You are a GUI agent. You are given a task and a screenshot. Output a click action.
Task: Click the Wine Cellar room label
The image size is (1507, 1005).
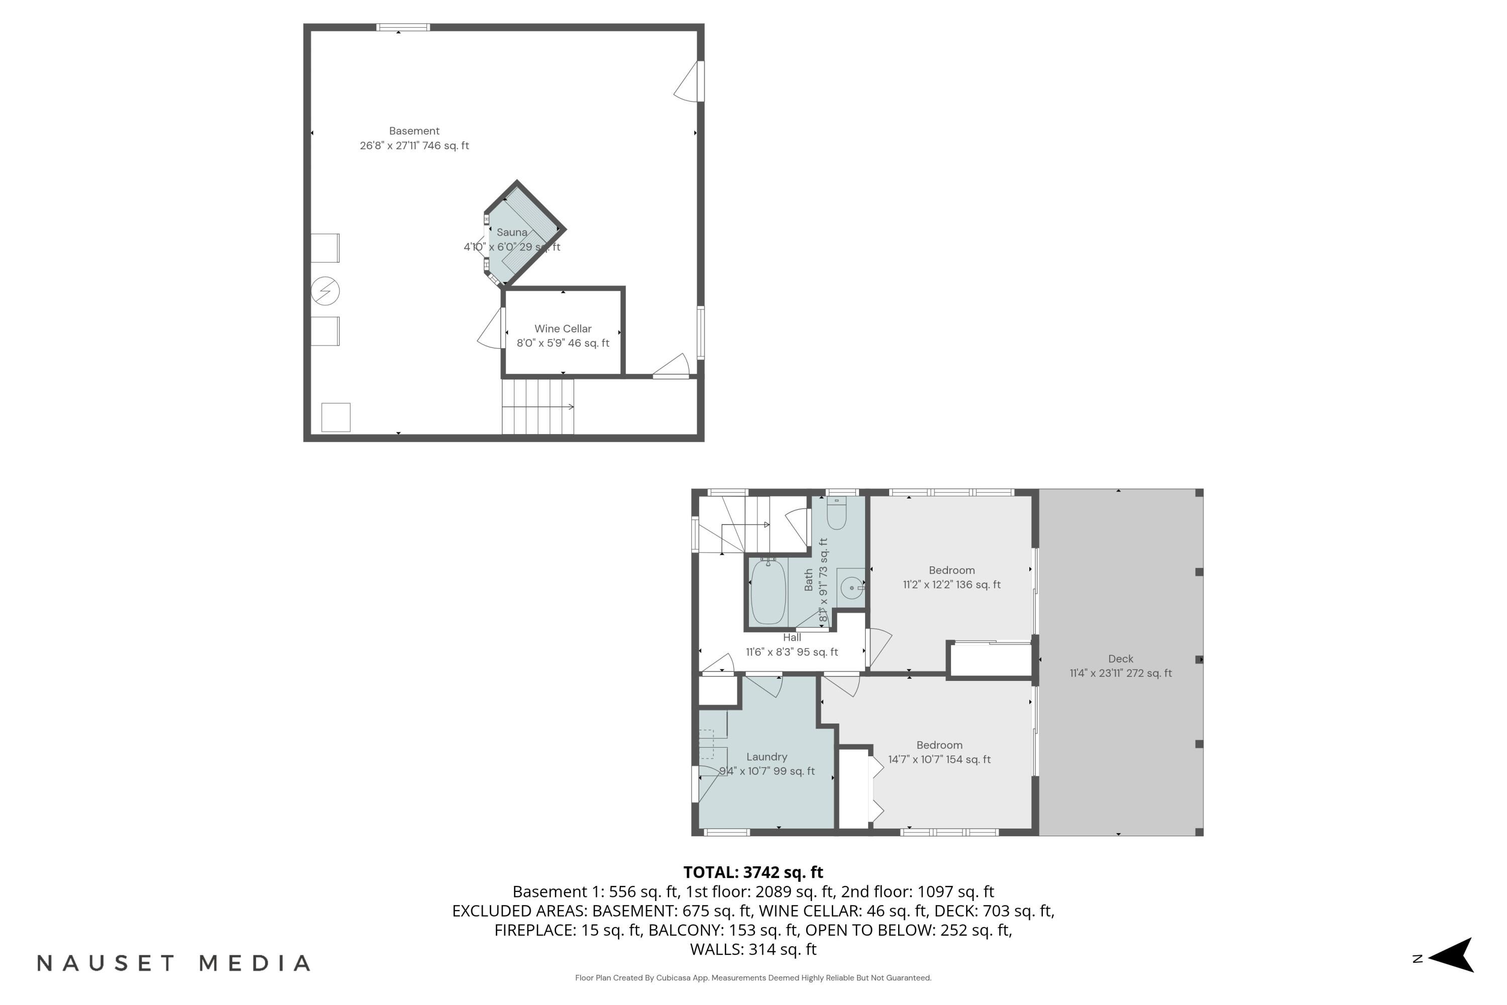pos(563,329)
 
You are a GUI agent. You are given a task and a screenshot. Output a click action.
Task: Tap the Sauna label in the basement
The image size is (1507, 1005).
pos(511,233)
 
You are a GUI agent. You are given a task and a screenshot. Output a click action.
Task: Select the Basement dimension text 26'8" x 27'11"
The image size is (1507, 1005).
pos(414,146)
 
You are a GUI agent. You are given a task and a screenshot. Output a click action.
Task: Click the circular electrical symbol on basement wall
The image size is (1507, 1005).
pos(325,291)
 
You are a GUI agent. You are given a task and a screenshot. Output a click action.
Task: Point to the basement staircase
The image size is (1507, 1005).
pos(537,407)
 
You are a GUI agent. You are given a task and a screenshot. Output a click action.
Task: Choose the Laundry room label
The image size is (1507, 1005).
pos(767,757)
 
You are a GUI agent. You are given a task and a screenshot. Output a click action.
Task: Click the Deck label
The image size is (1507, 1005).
pos(1121,659)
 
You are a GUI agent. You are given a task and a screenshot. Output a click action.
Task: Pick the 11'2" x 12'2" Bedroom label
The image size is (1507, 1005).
pos(951,570)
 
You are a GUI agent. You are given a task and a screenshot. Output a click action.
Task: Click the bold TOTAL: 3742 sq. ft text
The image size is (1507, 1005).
pos(753,872)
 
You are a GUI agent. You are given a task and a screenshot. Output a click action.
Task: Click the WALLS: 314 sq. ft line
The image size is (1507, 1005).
pos(753,949)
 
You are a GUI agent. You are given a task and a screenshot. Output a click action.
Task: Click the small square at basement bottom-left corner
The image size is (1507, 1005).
pos(336,417)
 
